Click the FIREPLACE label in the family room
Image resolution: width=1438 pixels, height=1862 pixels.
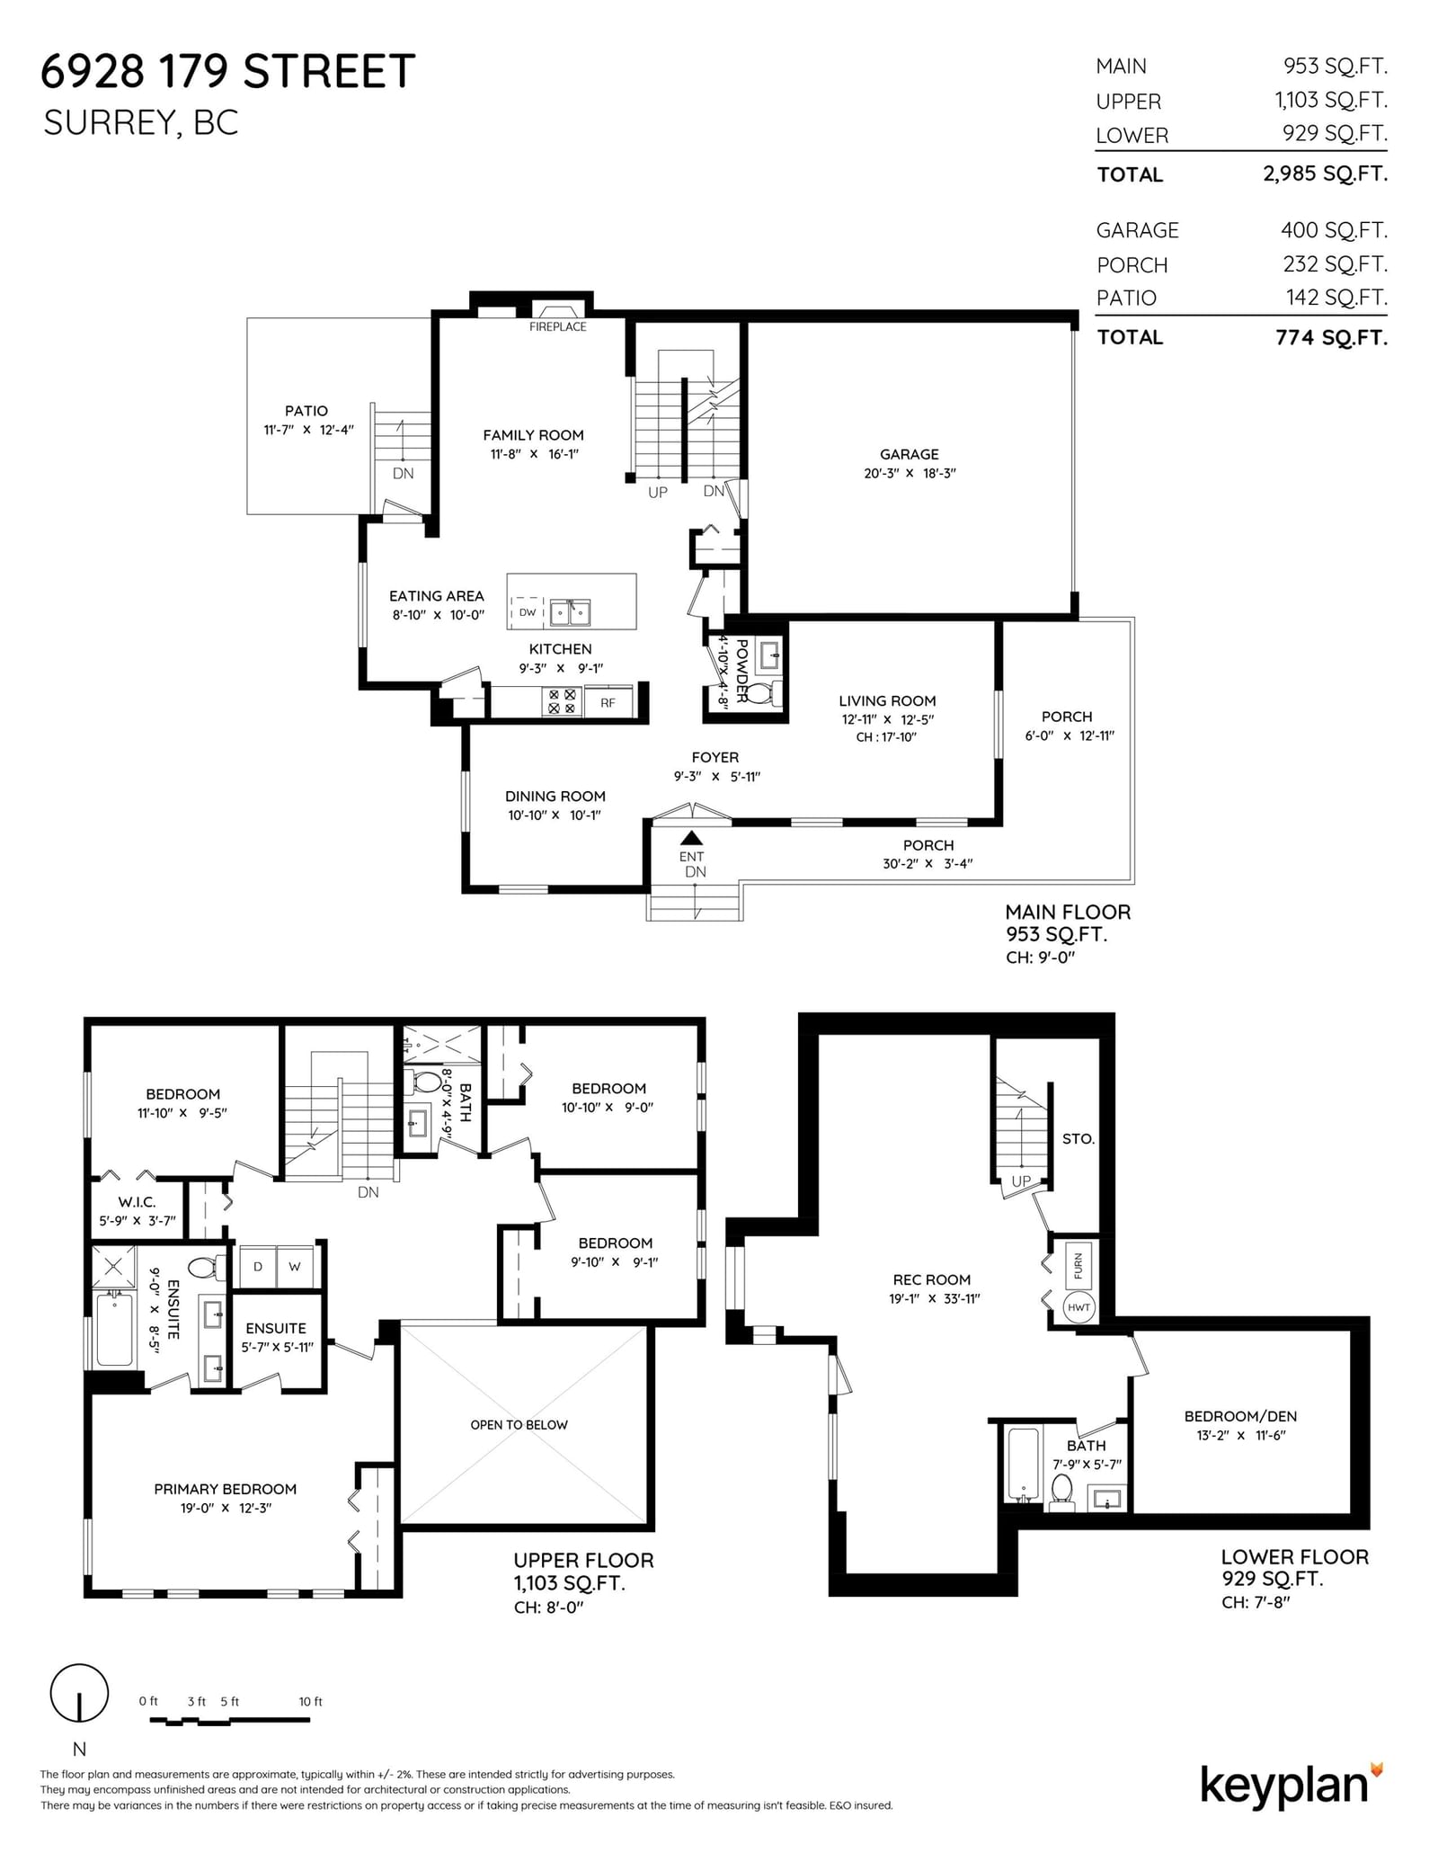[x=557, y=326]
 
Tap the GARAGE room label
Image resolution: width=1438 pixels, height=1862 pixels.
[x=909, y=454]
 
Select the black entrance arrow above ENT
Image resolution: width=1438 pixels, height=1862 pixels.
[x=691, y=837]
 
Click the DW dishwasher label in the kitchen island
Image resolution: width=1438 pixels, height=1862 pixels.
[x=528, y=612]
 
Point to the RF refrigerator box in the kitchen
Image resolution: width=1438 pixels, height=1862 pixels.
[x=608, y=702]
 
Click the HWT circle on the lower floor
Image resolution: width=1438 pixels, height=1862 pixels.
[x=1078, y=1307]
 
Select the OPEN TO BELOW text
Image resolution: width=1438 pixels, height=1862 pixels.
[x=519, y=1424]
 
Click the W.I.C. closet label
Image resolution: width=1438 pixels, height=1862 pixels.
[x=137, y=1202]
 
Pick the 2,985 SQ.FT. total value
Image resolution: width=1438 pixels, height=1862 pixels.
[x=1325, y=174]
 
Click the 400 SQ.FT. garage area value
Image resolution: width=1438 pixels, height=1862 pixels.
[x=1334, y=230]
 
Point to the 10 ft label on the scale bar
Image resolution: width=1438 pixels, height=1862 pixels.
[x=310, y=1701]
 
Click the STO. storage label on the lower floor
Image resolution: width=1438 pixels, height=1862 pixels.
[x=1078, y=1138]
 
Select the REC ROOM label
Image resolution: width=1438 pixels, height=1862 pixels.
[x=931, y=1279]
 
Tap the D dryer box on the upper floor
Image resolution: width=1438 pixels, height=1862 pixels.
[x=258, y=1266]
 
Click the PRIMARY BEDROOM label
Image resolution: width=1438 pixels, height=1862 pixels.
[x=225, y=1489]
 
